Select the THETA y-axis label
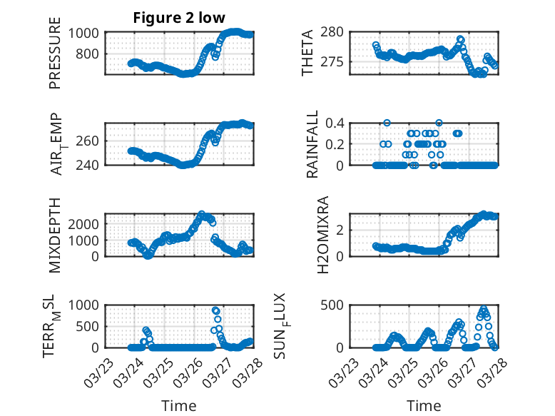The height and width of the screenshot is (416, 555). click(307, 54)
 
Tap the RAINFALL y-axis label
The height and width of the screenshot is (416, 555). click(312, 144)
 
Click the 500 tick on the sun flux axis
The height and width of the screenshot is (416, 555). click(337, 305)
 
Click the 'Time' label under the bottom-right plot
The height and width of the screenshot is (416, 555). click(424, 405)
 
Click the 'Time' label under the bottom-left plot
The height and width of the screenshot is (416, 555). click(178, 405)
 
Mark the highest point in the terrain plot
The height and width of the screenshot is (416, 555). click(215, 310)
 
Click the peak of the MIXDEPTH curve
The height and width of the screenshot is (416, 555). click(201, 214)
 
